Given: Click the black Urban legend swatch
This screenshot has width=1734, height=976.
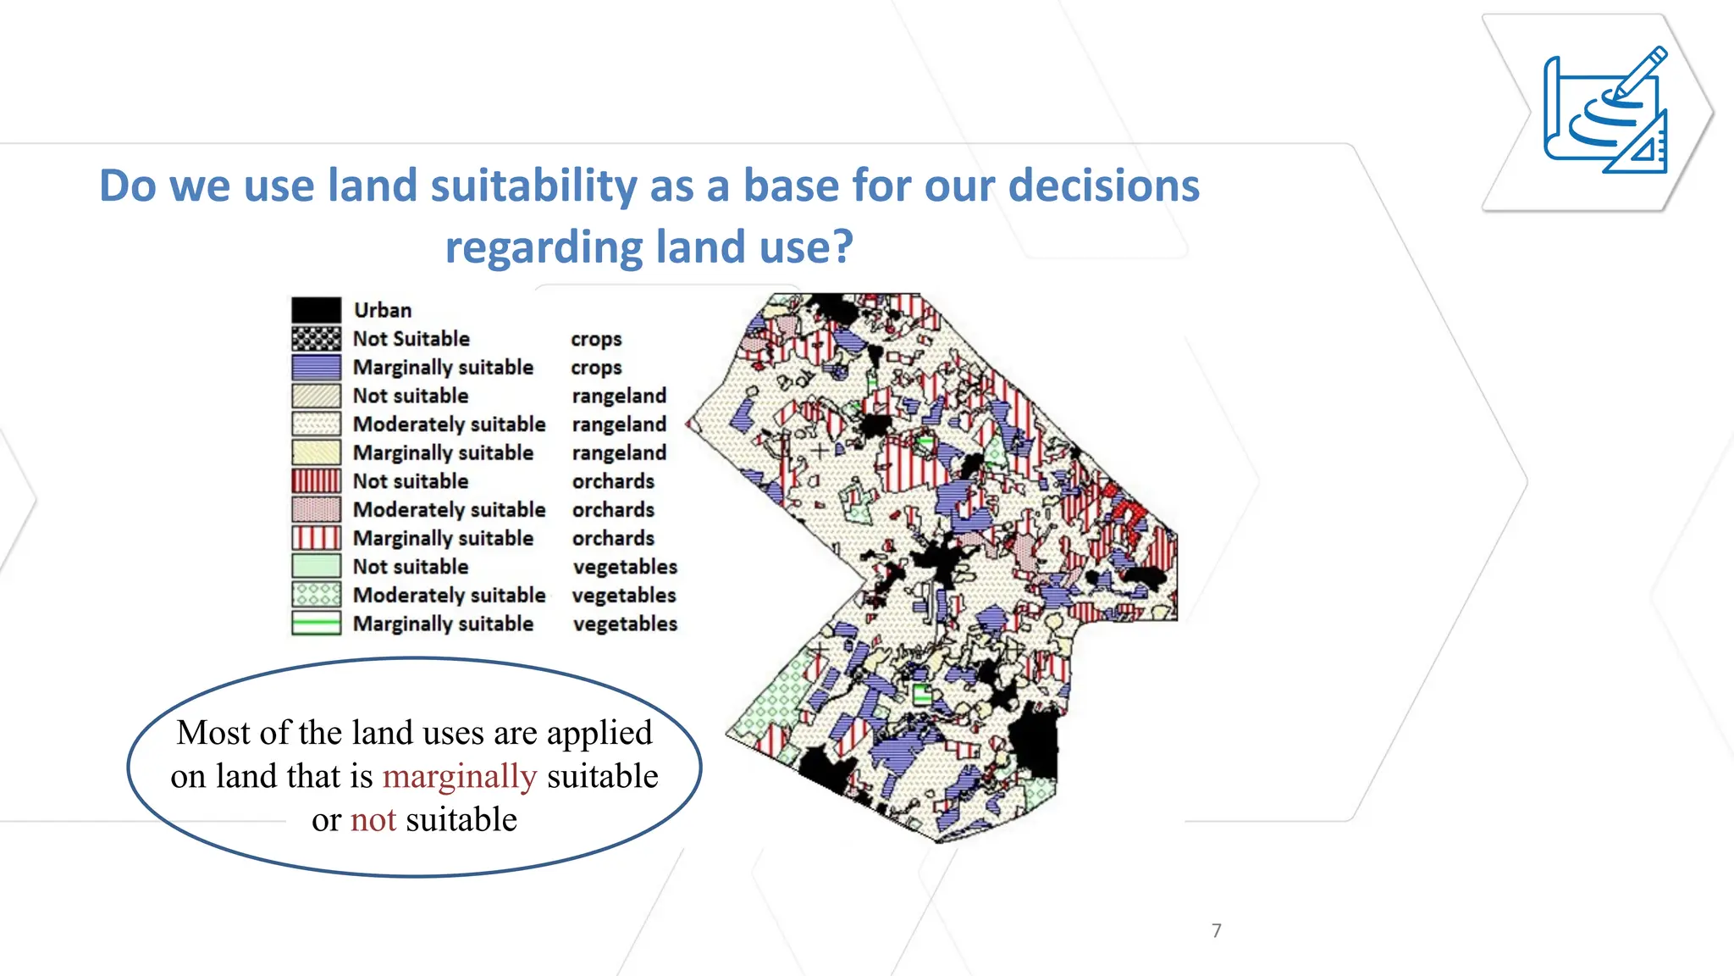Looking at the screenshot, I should pos(316,310).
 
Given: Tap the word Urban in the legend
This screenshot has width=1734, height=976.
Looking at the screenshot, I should pos(383,310).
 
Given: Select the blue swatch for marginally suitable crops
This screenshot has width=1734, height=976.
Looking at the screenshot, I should pos(316,368).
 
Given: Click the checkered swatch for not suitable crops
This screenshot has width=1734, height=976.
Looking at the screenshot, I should pos(316,339).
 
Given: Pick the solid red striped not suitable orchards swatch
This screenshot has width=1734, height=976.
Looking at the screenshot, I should pos(316,481).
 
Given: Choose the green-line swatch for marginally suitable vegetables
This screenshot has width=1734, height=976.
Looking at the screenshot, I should pos(316,624).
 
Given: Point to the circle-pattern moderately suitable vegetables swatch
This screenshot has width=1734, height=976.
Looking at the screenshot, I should pos(316,596).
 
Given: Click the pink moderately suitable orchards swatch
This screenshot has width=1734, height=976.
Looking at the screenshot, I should pos(316,510).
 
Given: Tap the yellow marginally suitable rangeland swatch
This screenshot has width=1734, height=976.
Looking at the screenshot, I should pos(316,453).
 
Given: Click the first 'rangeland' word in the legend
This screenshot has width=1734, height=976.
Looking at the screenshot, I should pos(619,396).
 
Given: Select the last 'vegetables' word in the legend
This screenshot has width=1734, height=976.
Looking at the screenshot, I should pos(625,624).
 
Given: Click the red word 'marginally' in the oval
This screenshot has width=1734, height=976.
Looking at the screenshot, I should pos(460,777).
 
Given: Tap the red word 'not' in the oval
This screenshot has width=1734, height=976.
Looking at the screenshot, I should pos(373,820).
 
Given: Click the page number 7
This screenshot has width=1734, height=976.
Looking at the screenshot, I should pos(1217,931).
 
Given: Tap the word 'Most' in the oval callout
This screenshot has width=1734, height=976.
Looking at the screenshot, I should pos(213,733).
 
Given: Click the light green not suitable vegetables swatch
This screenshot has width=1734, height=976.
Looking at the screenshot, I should pos(316,567).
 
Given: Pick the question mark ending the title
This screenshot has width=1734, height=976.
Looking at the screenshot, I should pos(843,247).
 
